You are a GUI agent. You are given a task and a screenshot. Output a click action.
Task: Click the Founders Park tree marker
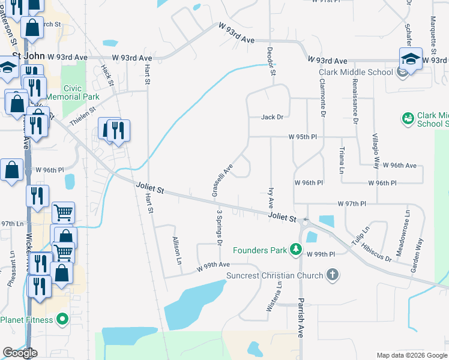[295, 249]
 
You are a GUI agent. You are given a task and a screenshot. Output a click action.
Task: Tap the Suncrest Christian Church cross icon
[332, 275]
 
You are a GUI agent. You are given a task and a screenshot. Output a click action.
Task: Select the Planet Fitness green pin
[61, 319]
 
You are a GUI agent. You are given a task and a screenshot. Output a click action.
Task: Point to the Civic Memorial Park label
[81, 92]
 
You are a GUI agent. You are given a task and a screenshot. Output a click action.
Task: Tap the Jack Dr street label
[272, 117]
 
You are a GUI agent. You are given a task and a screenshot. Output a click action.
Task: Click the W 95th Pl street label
[302, 137]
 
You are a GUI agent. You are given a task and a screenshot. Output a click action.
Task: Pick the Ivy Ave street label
[270, 197]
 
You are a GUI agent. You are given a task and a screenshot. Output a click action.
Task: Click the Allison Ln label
[177, 250]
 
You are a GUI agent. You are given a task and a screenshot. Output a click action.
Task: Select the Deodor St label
[271, 61]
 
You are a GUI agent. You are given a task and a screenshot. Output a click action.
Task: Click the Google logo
[20, 353]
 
